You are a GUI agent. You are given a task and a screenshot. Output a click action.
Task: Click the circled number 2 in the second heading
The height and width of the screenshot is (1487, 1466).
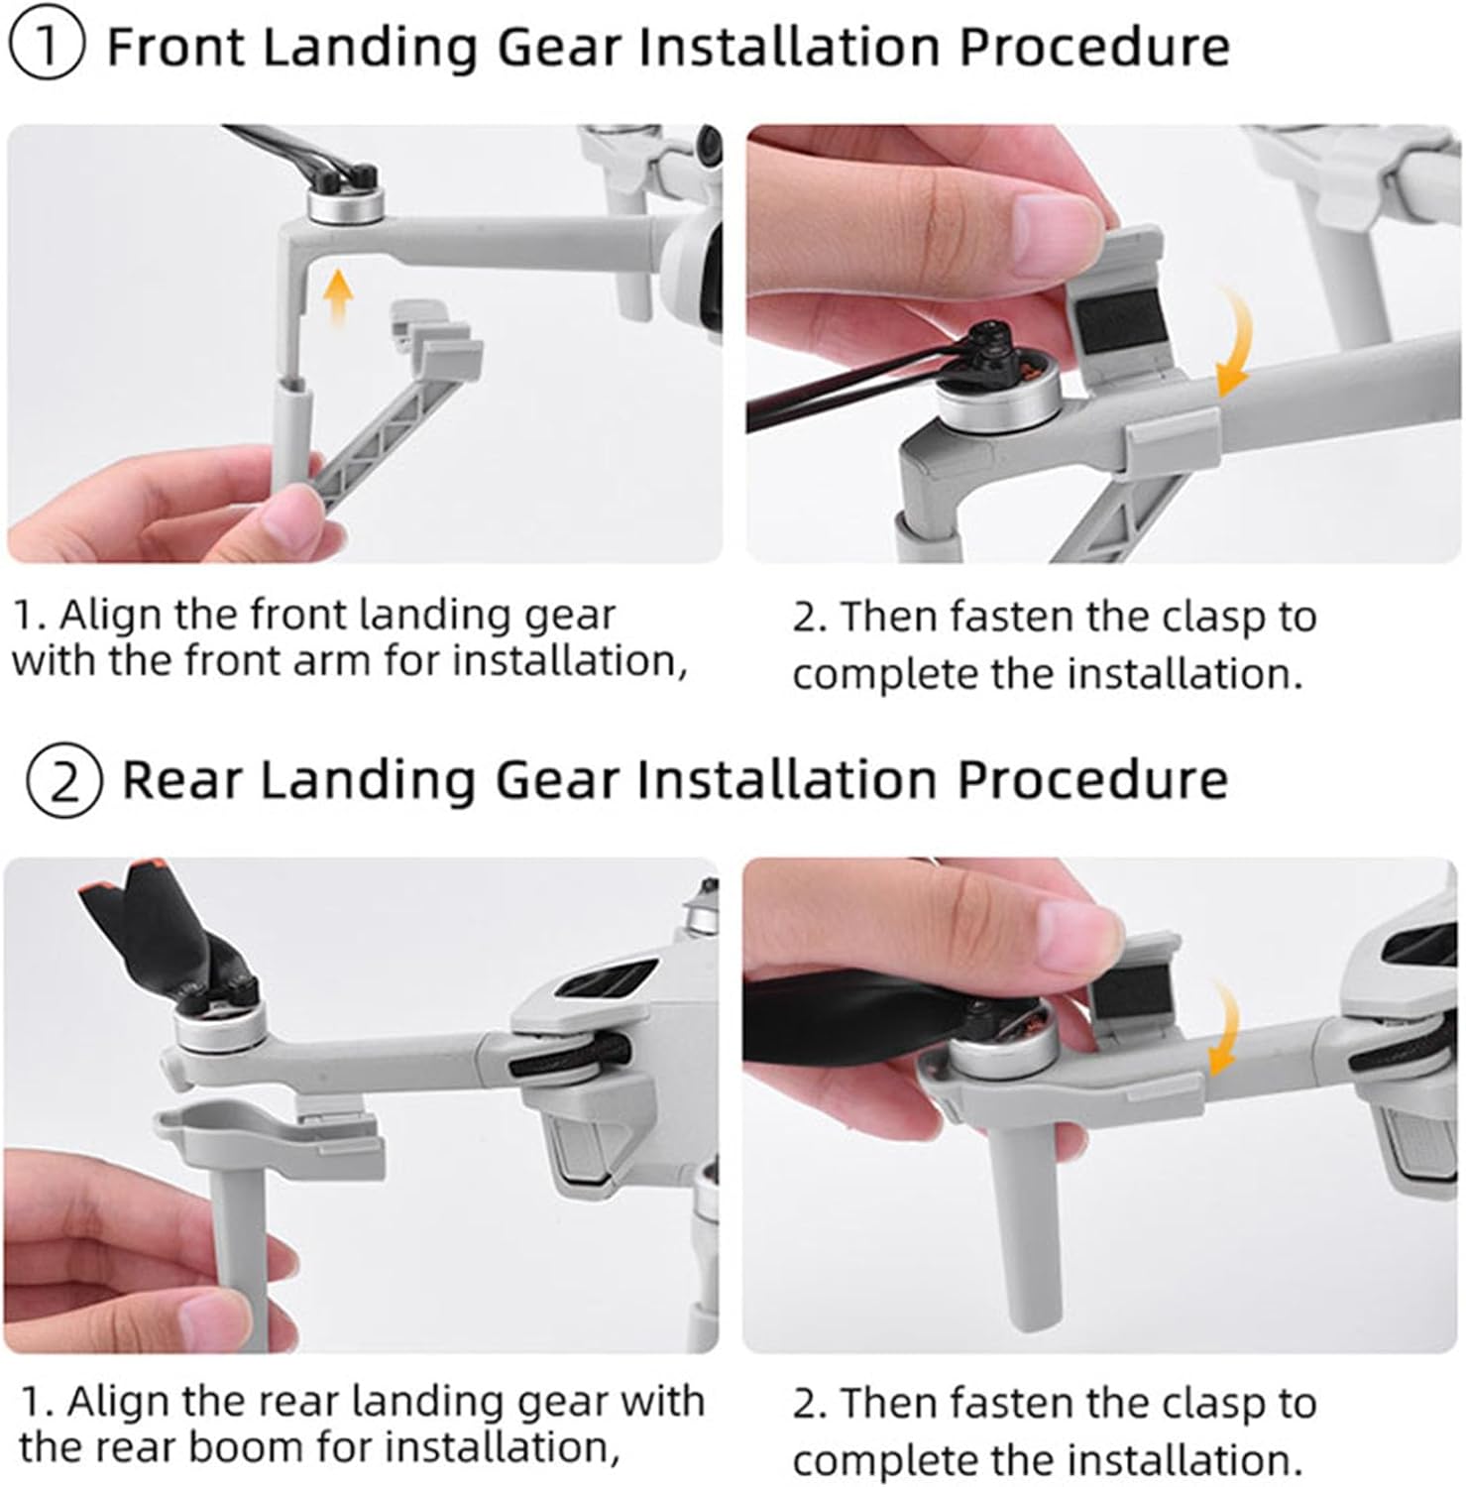click(x=63, y=781)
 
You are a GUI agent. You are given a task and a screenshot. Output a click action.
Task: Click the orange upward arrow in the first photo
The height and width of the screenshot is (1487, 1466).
click(x=339, y=301)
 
